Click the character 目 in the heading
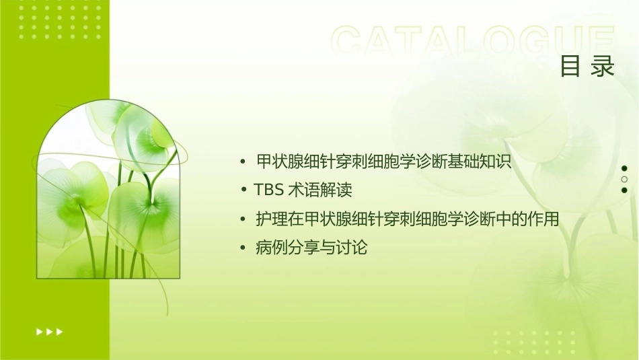[x=571, y=67]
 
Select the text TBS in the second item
[x=269, y=190]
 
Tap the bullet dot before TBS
[x=246, y=191]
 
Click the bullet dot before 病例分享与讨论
[x=242, y=249]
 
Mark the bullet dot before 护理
[x=242, y=220]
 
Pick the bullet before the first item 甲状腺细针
[x=242, y=162]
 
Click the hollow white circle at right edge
[x=624, y=179]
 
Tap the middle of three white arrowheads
[x=49, y=331]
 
